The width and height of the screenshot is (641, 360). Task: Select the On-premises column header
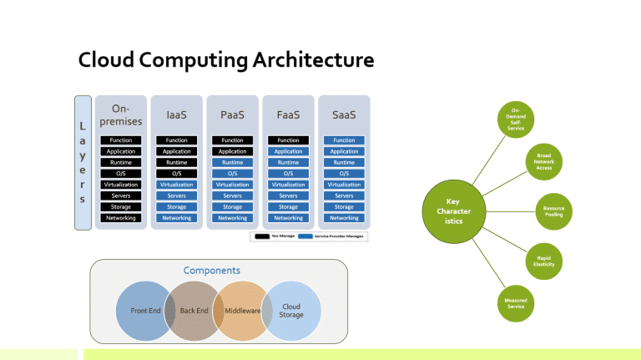[121, 116]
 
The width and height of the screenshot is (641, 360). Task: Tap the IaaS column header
[176, 116]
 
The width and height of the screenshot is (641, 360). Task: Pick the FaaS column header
[288, 116]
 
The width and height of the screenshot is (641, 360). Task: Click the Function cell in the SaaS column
[344, 140]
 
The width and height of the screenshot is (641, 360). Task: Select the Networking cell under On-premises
[121, 218]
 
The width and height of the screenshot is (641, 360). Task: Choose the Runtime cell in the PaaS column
[232, 162]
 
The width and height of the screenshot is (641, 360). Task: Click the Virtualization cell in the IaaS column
[176, 185]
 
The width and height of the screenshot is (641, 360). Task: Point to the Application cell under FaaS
[288, 151]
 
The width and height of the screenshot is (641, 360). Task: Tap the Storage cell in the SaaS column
[344, 206]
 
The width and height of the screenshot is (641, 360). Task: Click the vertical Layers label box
[83, 161]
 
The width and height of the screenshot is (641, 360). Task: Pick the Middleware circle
[243, 311]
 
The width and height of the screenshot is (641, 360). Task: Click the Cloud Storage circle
[291, 311]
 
